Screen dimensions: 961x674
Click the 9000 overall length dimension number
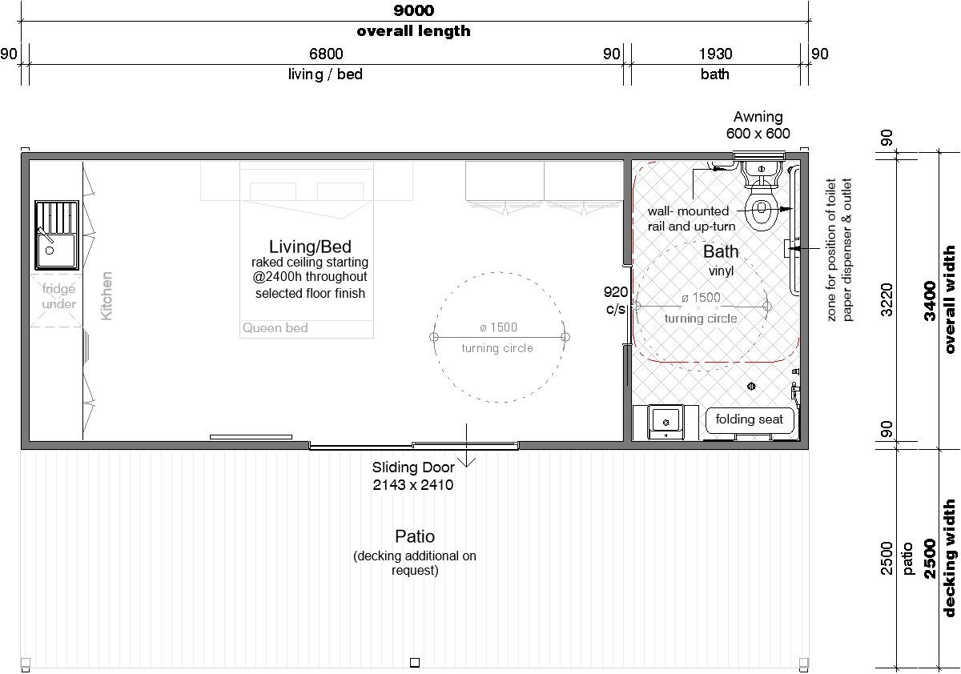(413, 10)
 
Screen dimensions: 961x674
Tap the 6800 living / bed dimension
(326, 54)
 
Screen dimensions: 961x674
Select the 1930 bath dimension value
(715, 54)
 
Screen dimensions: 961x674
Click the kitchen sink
(57, 235)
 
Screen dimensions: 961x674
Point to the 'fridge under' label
(58, 296)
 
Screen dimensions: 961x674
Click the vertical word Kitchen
(106, 296)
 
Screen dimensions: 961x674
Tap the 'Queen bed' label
(275, 328)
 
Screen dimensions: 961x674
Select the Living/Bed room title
(310, 247)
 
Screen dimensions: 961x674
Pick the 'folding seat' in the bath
(749, 419)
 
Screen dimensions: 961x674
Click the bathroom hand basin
(665, 423)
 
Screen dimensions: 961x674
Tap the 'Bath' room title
(721, 251)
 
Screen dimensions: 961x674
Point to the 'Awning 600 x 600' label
(758, 125)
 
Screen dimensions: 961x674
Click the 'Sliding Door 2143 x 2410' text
(413, 476)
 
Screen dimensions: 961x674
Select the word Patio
(415, 536)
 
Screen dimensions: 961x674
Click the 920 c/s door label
(616, 300)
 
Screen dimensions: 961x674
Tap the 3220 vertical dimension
(887, 299)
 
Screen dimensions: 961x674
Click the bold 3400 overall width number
(929, 301)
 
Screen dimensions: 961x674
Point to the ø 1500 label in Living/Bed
(498, 327)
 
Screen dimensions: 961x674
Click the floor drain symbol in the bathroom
(751, 387)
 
